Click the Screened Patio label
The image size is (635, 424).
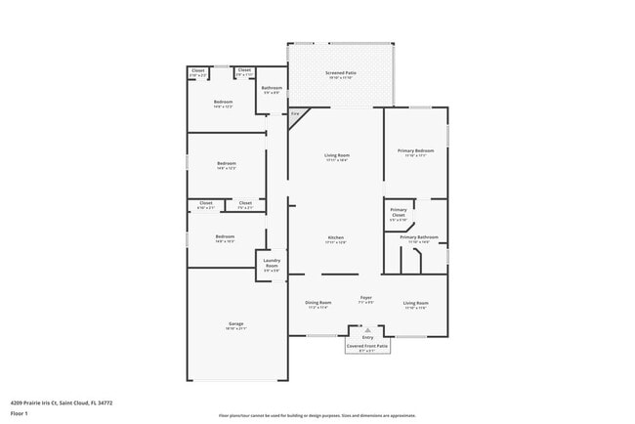pos(339,73)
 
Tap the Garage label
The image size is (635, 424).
pos(236,323)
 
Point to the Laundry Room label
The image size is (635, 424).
pos(272,264)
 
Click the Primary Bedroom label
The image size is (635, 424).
pos(415,150)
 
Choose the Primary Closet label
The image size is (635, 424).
pos(399,212)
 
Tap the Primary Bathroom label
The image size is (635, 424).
pos(418,237)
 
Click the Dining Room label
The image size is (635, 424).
pos(318,303)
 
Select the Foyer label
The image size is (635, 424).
pos(366,297)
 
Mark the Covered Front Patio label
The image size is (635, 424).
pos(367,345)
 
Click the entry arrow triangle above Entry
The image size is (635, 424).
pos(367,329)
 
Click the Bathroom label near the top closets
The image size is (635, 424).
pos(272,88)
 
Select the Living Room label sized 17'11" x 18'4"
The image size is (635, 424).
pos(337,155)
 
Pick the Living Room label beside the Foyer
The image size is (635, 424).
pos(415,303)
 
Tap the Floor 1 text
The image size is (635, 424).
pos(20,413)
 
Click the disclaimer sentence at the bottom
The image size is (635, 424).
pos(317,414)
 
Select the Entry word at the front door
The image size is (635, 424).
pos(367,336)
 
